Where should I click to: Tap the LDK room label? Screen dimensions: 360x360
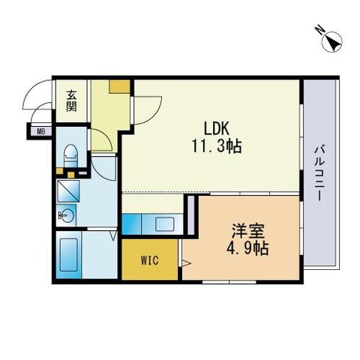pos(217,128)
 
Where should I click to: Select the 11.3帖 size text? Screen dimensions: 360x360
pos(217,146)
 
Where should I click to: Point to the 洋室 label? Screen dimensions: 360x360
pos(248,231)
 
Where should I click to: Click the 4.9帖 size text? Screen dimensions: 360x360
pos(247,249)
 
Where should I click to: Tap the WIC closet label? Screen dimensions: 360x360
pos(150,260)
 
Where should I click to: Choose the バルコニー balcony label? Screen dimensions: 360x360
pos(319,174)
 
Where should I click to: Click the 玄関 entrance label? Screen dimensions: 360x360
pos(71,100)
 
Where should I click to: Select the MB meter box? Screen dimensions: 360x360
pos(41,131)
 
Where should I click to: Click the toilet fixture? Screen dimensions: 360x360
pos(71,156)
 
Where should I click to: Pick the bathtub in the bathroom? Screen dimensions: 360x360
pos(69,255)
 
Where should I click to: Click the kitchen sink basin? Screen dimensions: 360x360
pos(165,224)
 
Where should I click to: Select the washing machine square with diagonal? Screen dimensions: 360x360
pos(68,191)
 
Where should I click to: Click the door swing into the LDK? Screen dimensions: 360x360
pos(148,110)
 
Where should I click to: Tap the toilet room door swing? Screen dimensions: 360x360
pos(101,139)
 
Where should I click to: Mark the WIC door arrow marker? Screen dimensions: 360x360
pos(186,262)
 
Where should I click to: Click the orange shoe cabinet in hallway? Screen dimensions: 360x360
pos(120,86)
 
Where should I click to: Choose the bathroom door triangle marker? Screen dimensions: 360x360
pos(113,235)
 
